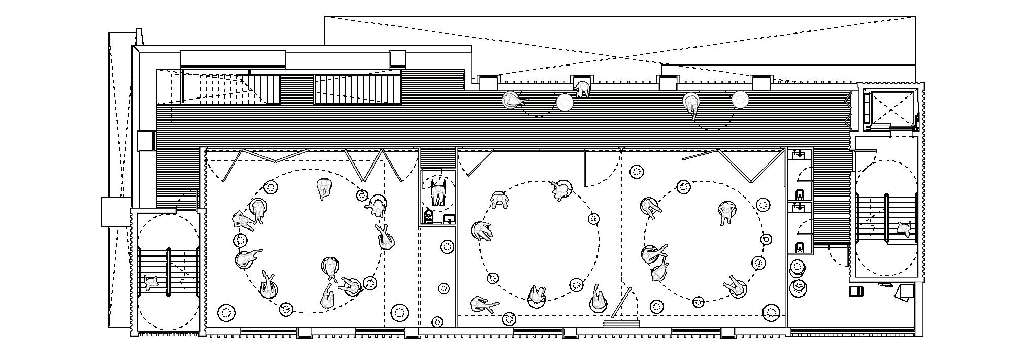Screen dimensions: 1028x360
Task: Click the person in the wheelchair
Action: tap(437, 192)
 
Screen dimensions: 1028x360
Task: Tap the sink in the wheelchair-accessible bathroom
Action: tap(448, 219)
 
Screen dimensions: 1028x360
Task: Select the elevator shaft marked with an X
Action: tap(891, 109)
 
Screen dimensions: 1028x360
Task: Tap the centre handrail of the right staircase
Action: tap(887, 218)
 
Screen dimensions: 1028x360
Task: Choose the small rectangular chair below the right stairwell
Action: tap(856, 291)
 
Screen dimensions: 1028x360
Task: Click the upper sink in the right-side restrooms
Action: tap(800, 153)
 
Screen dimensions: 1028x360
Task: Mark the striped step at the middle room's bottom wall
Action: tap(620, 323)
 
